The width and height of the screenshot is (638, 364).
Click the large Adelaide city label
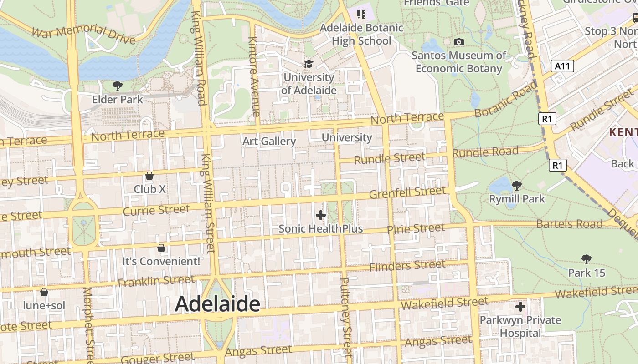pos(217,304)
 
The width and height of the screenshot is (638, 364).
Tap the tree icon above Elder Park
pos(118,86)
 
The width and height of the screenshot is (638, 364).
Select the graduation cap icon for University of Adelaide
pos(309,64)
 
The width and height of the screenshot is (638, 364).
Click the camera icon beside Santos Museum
pos(459,42)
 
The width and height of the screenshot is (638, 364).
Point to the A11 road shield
pos(562,66)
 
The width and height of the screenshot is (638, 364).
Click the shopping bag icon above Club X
pos(149,175)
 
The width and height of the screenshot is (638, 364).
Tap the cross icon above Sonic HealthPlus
pos(321,215)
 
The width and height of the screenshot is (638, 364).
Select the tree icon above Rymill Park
pos(517,185)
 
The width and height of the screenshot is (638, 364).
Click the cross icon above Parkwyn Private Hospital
pos(520,307)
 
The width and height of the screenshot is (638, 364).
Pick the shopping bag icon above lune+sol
pos(44,292)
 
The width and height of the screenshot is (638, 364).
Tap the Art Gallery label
pos(269,141)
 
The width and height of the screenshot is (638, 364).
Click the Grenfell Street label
pos(407,192)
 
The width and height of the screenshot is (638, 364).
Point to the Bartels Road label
pos(569,224)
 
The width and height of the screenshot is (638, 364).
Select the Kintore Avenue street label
pos(253,76)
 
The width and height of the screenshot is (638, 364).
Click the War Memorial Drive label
pos(84,35)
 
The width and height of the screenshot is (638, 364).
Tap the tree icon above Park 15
pos(586,259)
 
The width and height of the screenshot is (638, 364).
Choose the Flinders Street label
pos(407,266)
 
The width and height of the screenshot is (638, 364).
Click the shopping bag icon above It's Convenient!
pos(161,248)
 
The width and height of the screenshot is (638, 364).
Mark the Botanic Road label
pos(506,99)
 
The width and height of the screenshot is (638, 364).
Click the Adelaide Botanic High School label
pos(361,34)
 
